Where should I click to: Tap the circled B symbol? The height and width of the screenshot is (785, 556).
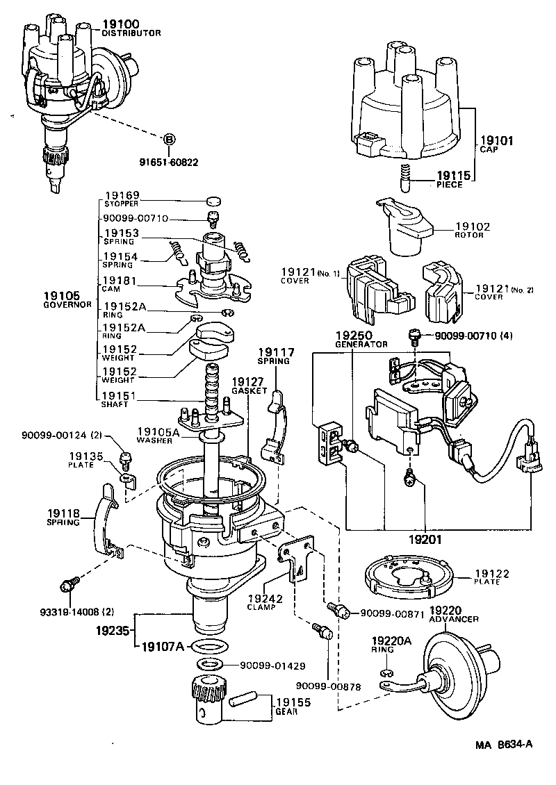pyautogui.click(x=168, y=140)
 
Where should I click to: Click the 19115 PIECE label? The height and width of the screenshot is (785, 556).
pyautogui.click(x=454, y=180)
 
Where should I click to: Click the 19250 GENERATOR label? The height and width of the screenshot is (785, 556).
pyautogui.click(x=361, y=338)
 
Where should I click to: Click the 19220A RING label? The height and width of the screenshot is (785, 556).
pyautogui.click(x=391, y=645)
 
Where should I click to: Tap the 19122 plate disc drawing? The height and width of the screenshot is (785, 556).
pyautogui.click(x=409, y=577)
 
